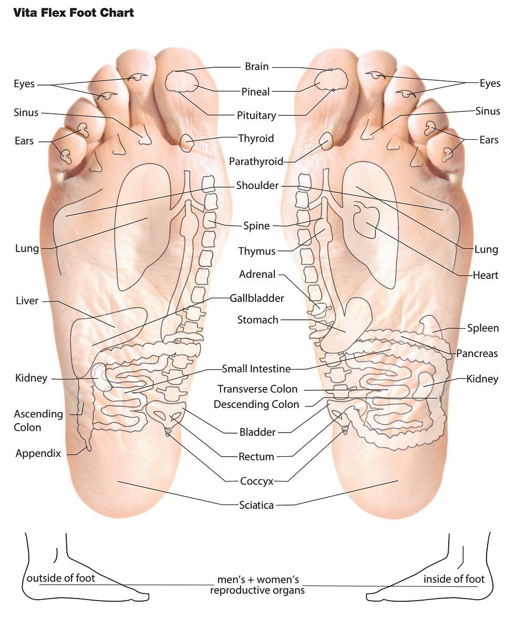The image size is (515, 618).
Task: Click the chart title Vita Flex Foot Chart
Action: (x=73, y=13)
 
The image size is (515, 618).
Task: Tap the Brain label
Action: (x=256, y=67)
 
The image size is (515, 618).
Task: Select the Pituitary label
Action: (x=256, y=116)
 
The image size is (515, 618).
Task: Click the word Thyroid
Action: (x=256, y=139)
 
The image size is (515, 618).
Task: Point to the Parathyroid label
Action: (x=256, y=162)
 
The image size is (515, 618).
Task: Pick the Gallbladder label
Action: (x=256, y=298)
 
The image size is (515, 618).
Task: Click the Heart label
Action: (x=485, y=275)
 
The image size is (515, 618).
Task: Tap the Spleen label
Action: (x=482, y=328)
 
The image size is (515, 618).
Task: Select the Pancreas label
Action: (x=477, y=353)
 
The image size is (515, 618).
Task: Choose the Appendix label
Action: (x=38, y=453)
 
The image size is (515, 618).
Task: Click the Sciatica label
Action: (x=256, y=505)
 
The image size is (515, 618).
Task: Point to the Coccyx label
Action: (x=256, y=480)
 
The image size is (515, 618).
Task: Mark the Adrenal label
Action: (x=257, y=274)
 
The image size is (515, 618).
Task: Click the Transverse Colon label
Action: (x=257, y=389)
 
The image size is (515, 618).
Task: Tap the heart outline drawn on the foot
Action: (x=366, y=221)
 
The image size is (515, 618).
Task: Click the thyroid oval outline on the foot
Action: (x=187, y=142)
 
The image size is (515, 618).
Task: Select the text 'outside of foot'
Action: (x=61, y=578)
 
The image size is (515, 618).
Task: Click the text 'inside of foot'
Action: (x=454, y=579)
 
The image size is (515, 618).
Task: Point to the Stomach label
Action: (x=257, y=320)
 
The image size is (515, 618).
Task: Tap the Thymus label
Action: (x=256, y=251)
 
